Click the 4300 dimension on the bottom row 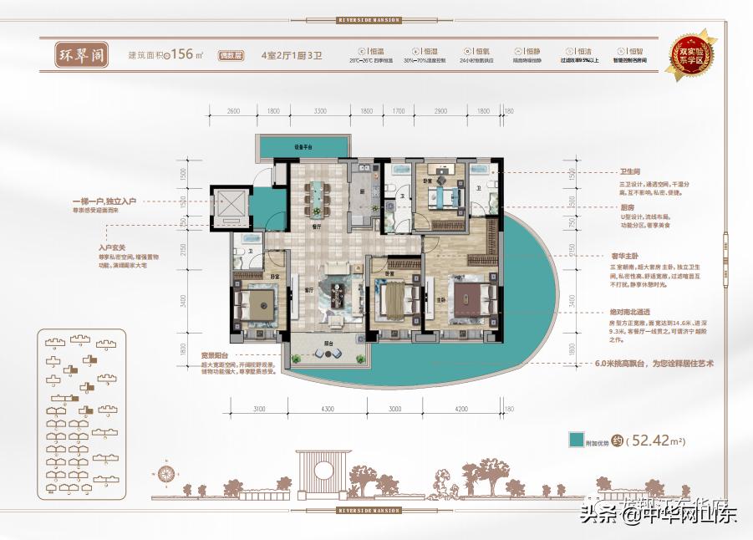pos(327,409)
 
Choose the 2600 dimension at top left pos(233,111)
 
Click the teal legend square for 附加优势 pos(576,441)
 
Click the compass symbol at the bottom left pos(165,474)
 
